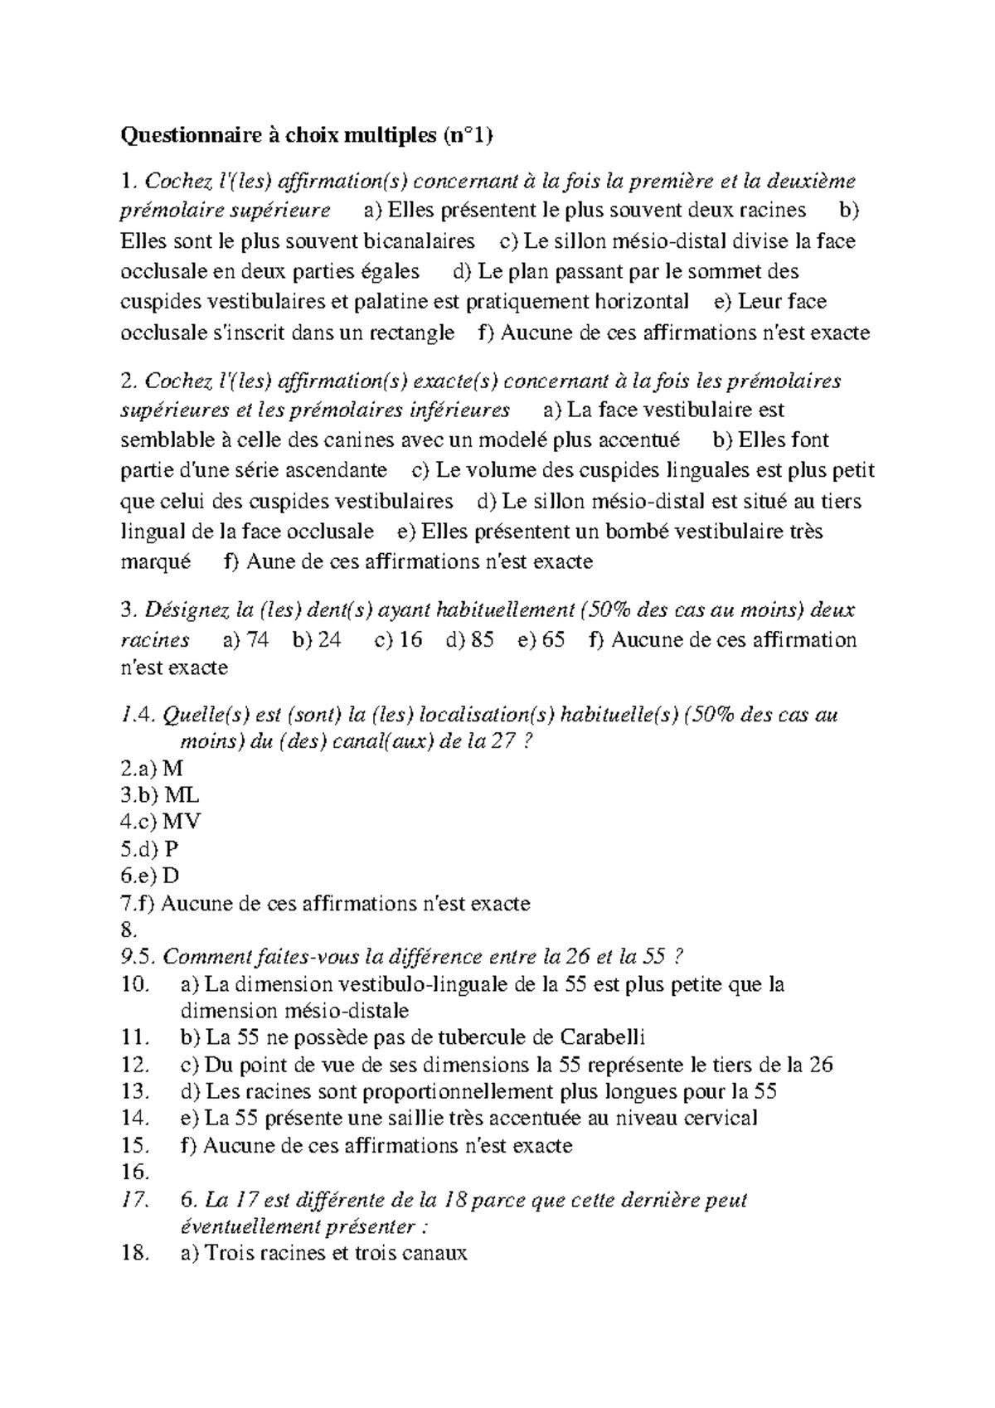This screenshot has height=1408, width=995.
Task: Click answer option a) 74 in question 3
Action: coord(246,640)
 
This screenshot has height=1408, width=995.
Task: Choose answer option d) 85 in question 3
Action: coord(470,640)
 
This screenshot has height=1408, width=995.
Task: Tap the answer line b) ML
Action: coord(169,795)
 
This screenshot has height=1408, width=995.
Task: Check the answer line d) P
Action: coord(159,849)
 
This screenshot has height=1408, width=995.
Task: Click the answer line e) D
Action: coord(159,876)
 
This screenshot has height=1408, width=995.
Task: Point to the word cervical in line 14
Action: coord(721,1119)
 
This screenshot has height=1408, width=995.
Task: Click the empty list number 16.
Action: coord(134,1173)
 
